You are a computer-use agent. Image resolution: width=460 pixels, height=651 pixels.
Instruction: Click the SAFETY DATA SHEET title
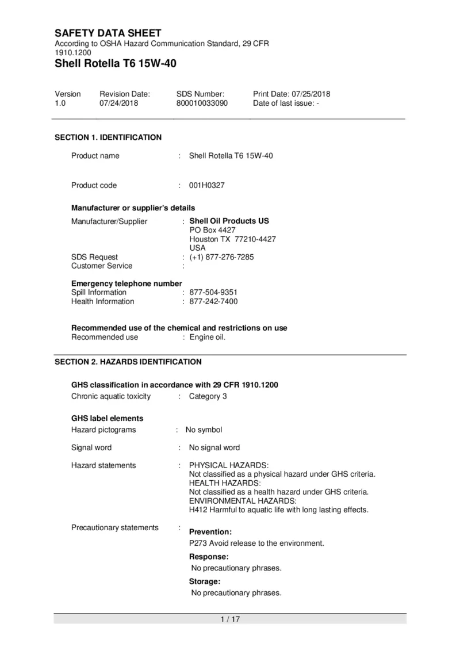point(108,33)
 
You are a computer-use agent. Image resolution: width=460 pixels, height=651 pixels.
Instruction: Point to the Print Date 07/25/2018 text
point(292,94)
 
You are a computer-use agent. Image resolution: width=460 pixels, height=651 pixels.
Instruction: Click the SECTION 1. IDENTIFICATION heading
point(108,137)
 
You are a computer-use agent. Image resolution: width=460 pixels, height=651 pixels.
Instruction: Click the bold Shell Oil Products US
point(229,221)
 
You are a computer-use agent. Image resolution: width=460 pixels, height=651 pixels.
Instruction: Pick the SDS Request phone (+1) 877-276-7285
point(221,256)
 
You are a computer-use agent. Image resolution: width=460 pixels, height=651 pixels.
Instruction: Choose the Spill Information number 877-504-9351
point(213,292)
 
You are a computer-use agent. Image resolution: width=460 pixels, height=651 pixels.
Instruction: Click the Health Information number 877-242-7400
point(213,301)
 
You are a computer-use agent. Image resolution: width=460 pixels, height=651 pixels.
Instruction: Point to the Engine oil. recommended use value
point(208,337)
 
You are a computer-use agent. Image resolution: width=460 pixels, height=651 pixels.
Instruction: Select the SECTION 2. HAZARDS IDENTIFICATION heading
point(128,362)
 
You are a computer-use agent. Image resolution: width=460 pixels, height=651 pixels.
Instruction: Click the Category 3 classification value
point(208,396)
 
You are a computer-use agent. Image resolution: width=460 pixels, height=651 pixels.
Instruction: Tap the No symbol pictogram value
point(204,430)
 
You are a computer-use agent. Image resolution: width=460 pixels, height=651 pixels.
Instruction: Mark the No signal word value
point(214,447)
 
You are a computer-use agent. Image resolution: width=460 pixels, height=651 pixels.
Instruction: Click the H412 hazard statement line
point(278,510)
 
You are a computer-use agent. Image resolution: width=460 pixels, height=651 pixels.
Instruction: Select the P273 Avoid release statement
point(256,543)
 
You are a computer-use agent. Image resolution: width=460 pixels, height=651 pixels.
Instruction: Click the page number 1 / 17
point(230,619)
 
